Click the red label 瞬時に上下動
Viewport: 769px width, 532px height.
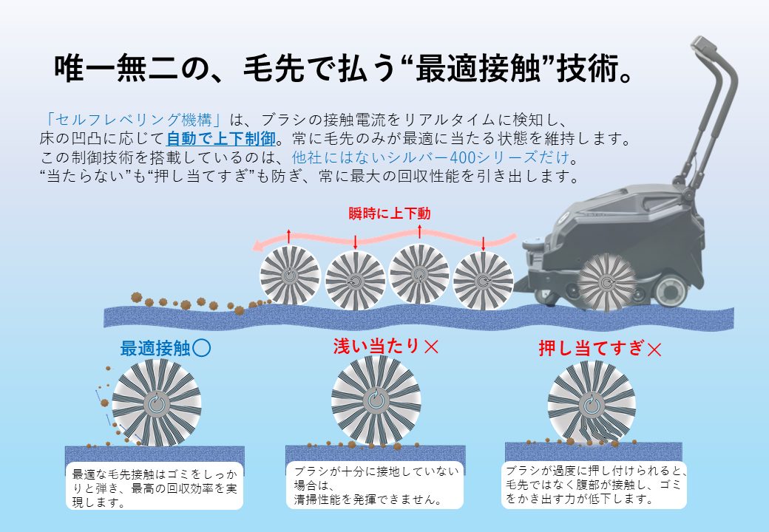click(x=390, y=214)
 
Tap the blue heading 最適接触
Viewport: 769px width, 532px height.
click(x=155, y=349)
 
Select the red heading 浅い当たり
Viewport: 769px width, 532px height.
click(x=376, y=347)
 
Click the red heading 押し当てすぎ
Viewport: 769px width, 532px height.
click(x=591, y=348)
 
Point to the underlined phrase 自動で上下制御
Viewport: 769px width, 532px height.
click(x=221, y=139)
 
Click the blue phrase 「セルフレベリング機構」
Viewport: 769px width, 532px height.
click(x=133, y=120)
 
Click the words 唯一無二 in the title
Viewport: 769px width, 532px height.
click(x=116, y=68)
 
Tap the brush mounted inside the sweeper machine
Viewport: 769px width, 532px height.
click(x=606, y=283)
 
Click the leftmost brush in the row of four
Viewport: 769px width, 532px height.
click(x=290, y=275)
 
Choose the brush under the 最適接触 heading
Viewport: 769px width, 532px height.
click(x=157, y=403)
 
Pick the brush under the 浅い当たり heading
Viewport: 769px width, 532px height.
click(x=376, y=400)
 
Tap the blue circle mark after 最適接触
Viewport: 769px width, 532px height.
click(x=202, y=348)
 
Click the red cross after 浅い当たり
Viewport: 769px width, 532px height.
click(x=431, y=347)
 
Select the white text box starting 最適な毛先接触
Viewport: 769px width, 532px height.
click(x=155, y=486)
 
